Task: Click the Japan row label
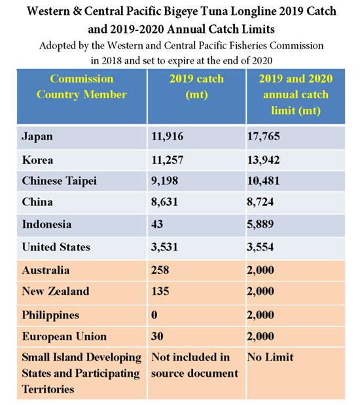(x=37, y=136)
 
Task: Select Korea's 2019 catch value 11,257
(x=167, y=160)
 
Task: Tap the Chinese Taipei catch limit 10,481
(x=263, y=181)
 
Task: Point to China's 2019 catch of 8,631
(x=165, y=202)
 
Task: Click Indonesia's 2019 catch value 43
(x=157, y=224)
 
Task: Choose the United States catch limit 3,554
(x=260, y=247)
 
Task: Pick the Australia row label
(x=46, y=270)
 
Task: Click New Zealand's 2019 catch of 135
(x=160, y=291)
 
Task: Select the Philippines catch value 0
(x=154, y=315)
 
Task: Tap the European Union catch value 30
(x=157, y=336)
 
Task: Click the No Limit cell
(x=270, y=357)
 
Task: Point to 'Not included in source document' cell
(x=195, y=365)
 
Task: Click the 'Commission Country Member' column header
(x=82, y=87)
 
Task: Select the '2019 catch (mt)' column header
(x=196, y=87)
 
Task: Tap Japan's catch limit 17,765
(x=263, y=136)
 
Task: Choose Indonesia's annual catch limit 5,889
(x=260, y=224)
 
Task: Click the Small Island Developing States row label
(x=82, y=374)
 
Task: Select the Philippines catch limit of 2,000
(x=261, y=315)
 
